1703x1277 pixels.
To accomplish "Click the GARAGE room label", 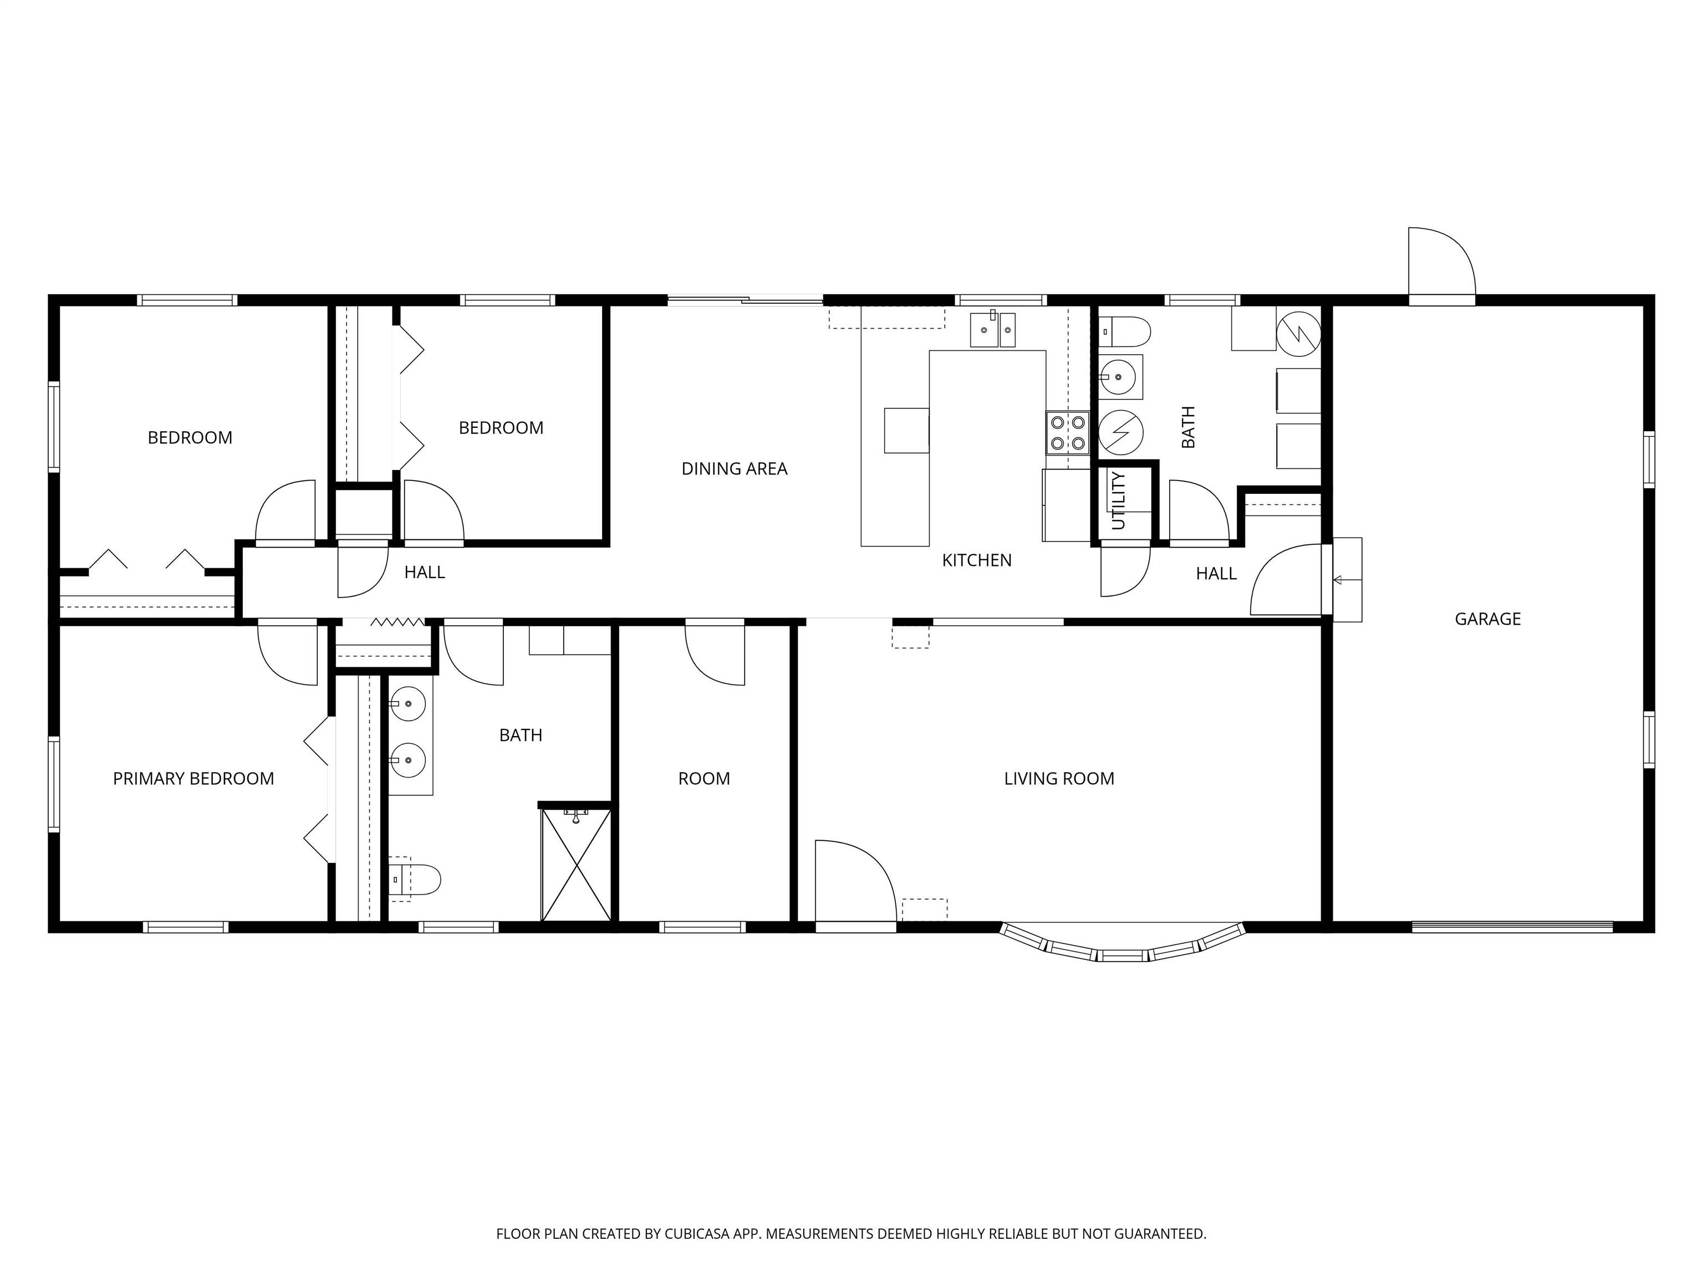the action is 1487,619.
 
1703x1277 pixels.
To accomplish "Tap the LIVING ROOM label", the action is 1059,779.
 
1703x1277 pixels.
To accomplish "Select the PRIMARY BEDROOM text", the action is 193,779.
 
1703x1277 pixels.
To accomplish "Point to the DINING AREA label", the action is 735,469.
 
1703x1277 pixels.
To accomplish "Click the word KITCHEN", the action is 976,560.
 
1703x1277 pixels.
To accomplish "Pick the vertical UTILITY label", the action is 1119,501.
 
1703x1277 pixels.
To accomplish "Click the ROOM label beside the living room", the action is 703,779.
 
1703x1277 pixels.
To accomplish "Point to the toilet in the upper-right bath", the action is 1124,332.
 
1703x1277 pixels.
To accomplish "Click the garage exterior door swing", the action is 1441,262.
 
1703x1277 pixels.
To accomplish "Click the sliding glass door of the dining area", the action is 745,301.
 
